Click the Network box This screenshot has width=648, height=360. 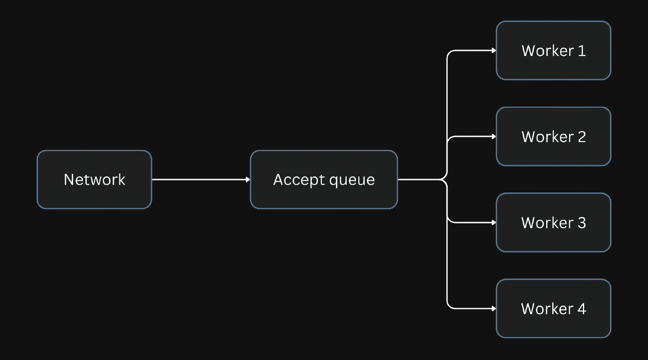pyautogui.click(x=94, y=180)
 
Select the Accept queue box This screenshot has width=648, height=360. pyautogui.click(x=324, y=180)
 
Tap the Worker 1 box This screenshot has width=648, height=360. pyautogui.click(x=554, y=50)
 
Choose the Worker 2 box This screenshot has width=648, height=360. pyautogui.click(x=554, y=137)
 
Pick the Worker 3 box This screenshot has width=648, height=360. pyautogui.click(x=554, y=223)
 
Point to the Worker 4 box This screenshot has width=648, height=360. pyautogui.click(x=554, y=309)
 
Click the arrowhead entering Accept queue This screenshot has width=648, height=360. pyautogui.click(x=248, y=180)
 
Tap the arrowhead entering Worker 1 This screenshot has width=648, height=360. pyautogui.click(x=494, y=50)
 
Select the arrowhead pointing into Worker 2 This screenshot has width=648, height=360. pyautogui.click(x=494, y=137)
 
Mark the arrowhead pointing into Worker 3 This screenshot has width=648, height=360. pyautogui.click(x=494, y=223)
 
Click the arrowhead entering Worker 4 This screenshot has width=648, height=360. pyautogui.click(x=494, y=309)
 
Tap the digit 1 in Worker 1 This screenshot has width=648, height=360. pyautogui.click(x=582, y=50)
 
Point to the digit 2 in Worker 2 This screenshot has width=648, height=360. pyautogui.click(x=582, y=137)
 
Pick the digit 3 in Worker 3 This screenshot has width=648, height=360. pyautogui.click(x=582, y=223)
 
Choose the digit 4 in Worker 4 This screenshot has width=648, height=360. pyautogui.click(x=582, y=309)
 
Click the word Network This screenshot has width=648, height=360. pyautogui.click(x=94, y=180)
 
